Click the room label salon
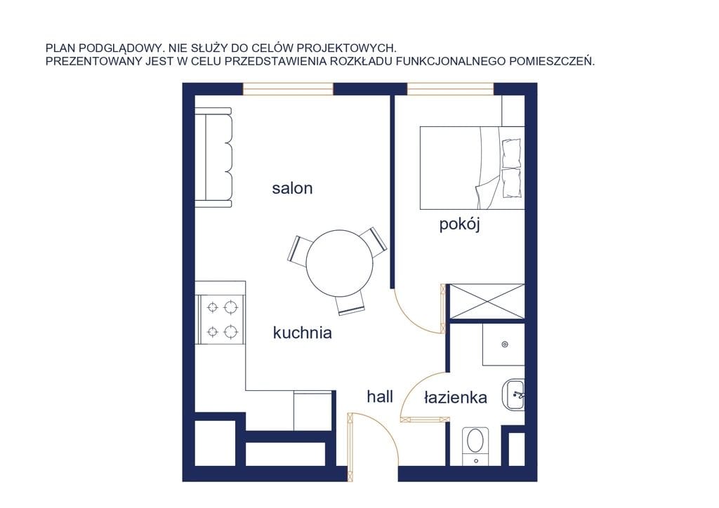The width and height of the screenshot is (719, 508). pos(292,188)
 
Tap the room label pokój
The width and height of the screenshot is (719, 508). pos(459,225)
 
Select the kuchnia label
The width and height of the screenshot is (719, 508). pos(302,333)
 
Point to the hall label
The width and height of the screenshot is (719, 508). pos(380,396)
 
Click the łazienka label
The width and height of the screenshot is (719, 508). pos(455,397)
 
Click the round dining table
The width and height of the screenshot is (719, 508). pos(340,263)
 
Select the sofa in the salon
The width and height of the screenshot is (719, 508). pos(213,158)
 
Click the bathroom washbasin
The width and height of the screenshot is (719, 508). pos(513,394)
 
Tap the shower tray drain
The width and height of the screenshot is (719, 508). pos(505,344)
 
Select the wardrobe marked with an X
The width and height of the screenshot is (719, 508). pos(487,301)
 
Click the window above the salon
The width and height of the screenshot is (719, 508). pos(287,89)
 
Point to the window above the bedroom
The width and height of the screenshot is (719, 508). pos(450,89)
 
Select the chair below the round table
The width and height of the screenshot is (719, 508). pos(350,305)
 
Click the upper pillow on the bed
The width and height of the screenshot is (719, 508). pos(512,154)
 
